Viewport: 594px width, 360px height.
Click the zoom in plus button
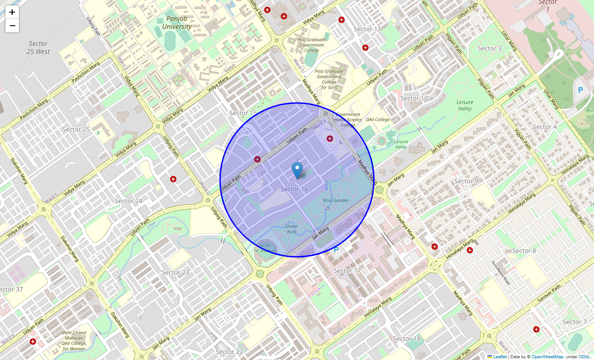(12, 12)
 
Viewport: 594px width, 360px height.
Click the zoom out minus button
(12, 26)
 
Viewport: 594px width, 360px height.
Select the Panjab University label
(177, 22)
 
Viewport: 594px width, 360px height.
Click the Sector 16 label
(294, 189)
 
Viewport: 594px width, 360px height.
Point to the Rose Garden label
(336, 200)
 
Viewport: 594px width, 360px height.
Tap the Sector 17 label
(347, 270)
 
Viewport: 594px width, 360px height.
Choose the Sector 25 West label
(38, 48)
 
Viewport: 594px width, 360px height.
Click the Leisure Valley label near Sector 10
(465, 105)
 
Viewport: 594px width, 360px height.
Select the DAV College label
(378, 120)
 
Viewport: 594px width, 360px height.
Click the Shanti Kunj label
(292, 229)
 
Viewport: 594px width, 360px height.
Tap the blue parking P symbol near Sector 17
(336, 249)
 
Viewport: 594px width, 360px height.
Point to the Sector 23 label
(175, 272)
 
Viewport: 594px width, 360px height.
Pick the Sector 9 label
(463, 181)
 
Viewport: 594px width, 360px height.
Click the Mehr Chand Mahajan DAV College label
(74, 341)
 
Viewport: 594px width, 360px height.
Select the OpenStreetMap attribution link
(547, 356)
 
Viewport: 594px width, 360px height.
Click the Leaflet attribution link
(499, 356)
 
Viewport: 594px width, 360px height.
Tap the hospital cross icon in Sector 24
(173, 179)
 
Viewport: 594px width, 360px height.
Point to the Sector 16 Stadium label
(265, 248)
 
